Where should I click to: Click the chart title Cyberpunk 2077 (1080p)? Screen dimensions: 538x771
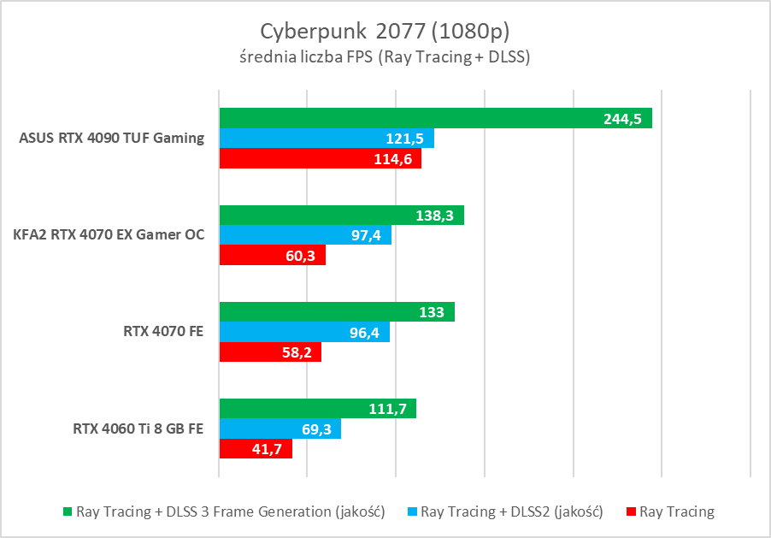pos(385,32)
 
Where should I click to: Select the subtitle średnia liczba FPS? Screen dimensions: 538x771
pos(385,58)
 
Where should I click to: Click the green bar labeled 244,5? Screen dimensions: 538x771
pos(436,118)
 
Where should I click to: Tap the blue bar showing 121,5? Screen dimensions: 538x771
pos(327,139)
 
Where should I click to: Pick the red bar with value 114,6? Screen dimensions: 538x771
pos(321,159)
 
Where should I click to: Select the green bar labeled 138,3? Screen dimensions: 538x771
pos(342,216)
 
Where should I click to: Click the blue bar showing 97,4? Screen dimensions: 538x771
pos(305,235)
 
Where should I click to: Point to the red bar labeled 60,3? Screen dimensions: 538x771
pos(273,255)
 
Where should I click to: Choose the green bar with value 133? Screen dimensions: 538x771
pos(337,312)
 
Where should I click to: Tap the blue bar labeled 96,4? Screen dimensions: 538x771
pos(304,332)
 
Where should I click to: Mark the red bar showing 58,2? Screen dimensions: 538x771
pos(270,352)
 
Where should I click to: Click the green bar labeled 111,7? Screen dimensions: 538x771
pos(318,409)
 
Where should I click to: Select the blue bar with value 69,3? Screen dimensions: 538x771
pos(280,429)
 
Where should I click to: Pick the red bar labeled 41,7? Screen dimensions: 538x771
pos(256,448)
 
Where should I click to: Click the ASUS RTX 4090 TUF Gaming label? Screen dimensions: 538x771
pos(111,138)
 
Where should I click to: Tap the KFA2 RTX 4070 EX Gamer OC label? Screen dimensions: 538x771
pos(109,234)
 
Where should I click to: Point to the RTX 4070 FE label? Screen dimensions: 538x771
pos(162,332)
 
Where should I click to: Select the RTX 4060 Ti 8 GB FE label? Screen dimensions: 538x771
pos(138,429)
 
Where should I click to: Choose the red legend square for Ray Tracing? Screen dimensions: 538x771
pos(632,512)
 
